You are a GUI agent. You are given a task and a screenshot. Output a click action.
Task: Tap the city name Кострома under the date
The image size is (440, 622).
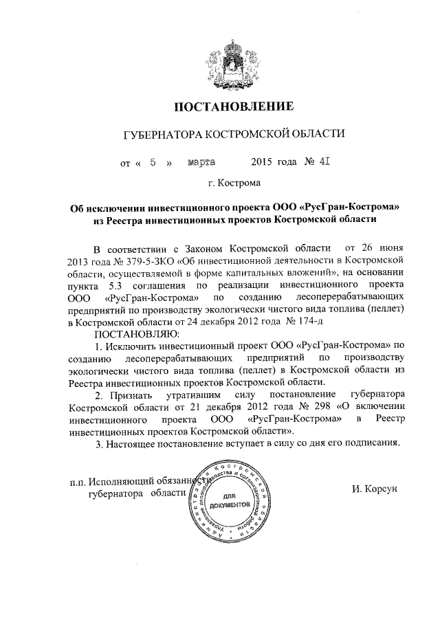(x=238, y=184)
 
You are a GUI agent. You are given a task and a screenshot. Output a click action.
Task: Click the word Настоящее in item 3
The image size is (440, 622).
(x=133, y=443)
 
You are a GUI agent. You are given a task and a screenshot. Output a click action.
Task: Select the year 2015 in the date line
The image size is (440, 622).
(x=263, y=163)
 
